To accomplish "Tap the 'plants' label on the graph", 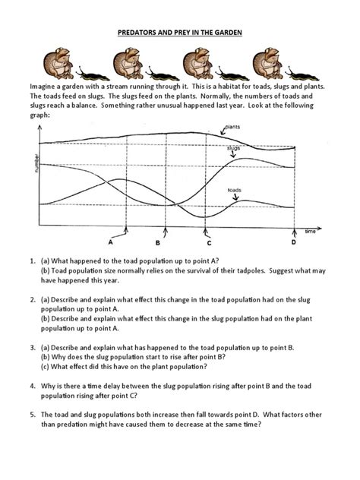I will (233, 128).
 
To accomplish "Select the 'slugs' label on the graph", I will (233, 148).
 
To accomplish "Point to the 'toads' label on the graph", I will (235, 189).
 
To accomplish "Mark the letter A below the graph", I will (111, 243).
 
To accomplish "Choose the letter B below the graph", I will (158, 243).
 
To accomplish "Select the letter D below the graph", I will (293, 243).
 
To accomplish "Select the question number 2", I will (33, 299).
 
